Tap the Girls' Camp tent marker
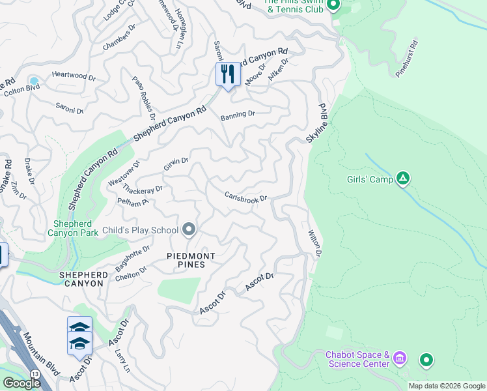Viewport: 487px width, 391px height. [x=403, y=178]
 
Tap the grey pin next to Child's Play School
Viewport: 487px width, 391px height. [x=189, y=229]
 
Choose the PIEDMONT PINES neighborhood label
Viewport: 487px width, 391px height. [x=178, y=260]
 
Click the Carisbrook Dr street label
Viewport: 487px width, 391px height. [x=246, y=197]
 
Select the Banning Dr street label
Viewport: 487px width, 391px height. [x=237, y=115]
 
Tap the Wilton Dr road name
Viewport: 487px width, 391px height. [x=314, y=241]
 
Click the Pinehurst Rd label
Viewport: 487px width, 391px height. [x=408, y=59]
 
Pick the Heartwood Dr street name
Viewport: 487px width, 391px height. [x=73, y=76]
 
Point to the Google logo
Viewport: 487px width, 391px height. [x=21, y=383]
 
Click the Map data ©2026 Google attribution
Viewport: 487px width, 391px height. [x=447, y=386]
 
